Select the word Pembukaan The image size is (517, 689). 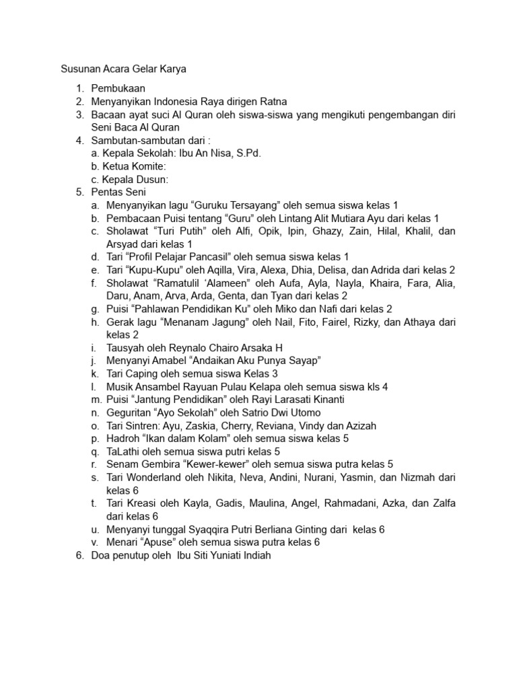118,89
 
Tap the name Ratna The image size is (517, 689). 272,102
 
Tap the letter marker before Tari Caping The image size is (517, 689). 96,373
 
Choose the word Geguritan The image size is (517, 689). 131,412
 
